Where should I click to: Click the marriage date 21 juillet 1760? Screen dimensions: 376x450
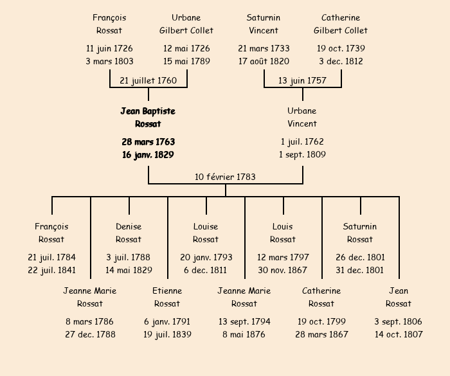(148, 80)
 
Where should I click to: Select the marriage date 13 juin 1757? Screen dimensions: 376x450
(302, 80)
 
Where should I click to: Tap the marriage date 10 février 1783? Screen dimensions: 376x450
(225, 177)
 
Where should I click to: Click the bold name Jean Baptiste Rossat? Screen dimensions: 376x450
(148, 118)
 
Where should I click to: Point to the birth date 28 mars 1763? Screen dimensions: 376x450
(148, 141)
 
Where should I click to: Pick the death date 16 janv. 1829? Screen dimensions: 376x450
(148, 154)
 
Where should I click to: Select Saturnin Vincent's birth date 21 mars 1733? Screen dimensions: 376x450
(264, 48)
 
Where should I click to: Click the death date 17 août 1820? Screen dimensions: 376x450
(264, 61)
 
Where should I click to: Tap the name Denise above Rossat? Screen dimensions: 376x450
(129, 226)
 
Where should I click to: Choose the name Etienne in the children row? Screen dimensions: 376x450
(167, 291)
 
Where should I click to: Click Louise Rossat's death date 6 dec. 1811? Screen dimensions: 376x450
(206, 270)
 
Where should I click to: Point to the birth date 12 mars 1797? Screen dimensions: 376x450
(283, 257)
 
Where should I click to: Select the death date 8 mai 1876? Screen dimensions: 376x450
(244, 334)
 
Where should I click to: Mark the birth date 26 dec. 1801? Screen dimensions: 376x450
(360, 257)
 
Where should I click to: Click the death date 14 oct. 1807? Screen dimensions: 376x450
(399, 334)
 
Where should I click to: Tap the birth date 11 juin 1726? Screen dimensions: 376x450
(109, 48)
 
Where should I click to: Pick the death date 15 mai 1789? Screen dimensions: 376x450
(186, 61)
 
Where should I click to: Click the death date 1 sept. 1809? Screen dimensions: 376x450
(302, 154)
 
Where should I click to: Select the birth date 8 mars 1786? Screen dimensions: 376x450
(90, 321)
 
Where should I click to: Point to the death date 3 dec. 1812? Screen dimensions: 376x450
(341, 61)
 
